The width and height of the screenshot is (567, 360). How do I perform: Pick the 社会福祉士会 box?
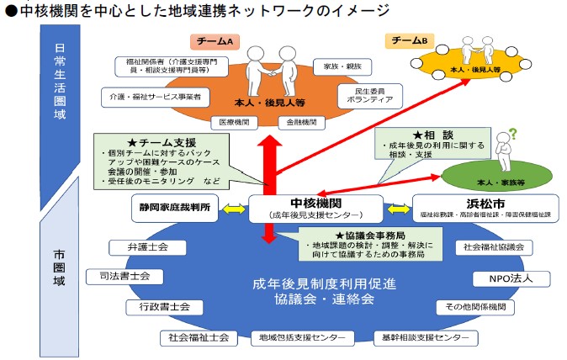(x=196, y=337)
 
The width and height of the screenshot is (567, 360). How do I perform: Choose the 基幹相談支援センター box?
(x=421, y=337)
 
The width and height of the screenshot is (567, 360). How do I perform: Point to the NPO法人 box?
(x=499, y=277)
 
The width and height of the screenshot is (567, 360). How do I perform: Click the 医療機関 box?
(x=233, y=122)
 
